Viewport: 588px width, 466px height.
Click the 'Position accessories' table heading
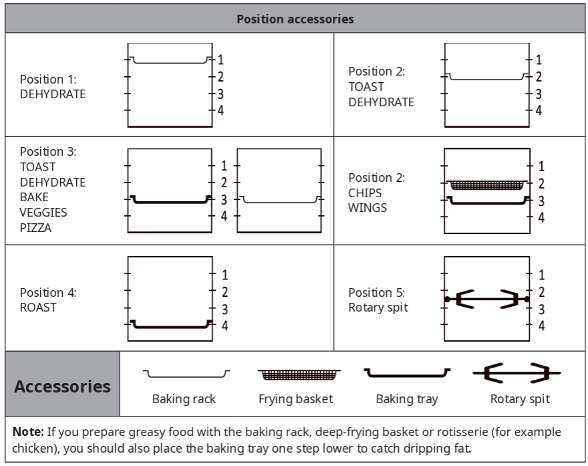click(295, 19)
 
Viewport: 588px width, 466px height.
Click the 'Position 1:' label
click(48, 79)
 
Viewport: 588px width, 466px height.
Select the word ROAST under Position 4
click(38, 308)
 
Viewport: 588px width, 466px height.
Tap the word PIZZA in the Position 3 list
click(36, 228)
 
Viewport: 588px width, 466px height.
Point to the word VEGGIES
click(43, 213)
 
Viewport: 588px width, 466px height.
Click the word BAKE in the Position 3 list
click(34, 197)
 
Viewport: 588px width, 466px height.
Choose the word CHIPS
click(365, 193)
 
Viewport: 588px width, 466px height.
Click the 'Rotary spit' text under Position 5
click(378, 308)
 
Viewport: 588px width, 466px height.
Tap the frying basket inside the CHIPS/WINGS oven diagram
click(486, 185)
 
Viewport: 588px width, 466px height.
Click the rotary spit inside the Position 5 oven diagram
click(486, 299)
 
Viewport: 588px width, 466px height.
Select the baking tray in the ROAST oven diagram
click(170, 326)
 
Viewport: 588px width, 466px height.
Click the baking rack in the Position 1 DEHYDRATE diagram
click(170, 62)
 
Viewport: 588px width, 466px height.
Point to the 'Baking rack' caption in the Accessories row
click(184, 399)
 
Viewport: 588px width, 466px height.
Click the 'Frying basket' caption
click(295, 399)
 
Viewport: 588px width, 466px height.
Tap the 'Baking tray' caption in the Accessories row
click(407, 399)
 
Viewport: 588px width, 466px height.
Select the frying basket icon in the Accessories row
click(299, 373)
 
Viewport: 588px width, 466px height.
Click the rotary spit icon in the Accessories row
click(517, 373)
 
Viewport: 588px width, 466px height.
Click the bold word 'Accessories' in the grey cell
click(62, 386)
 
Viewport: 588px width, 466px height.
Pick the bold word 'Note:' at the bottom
click(27, 432)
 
